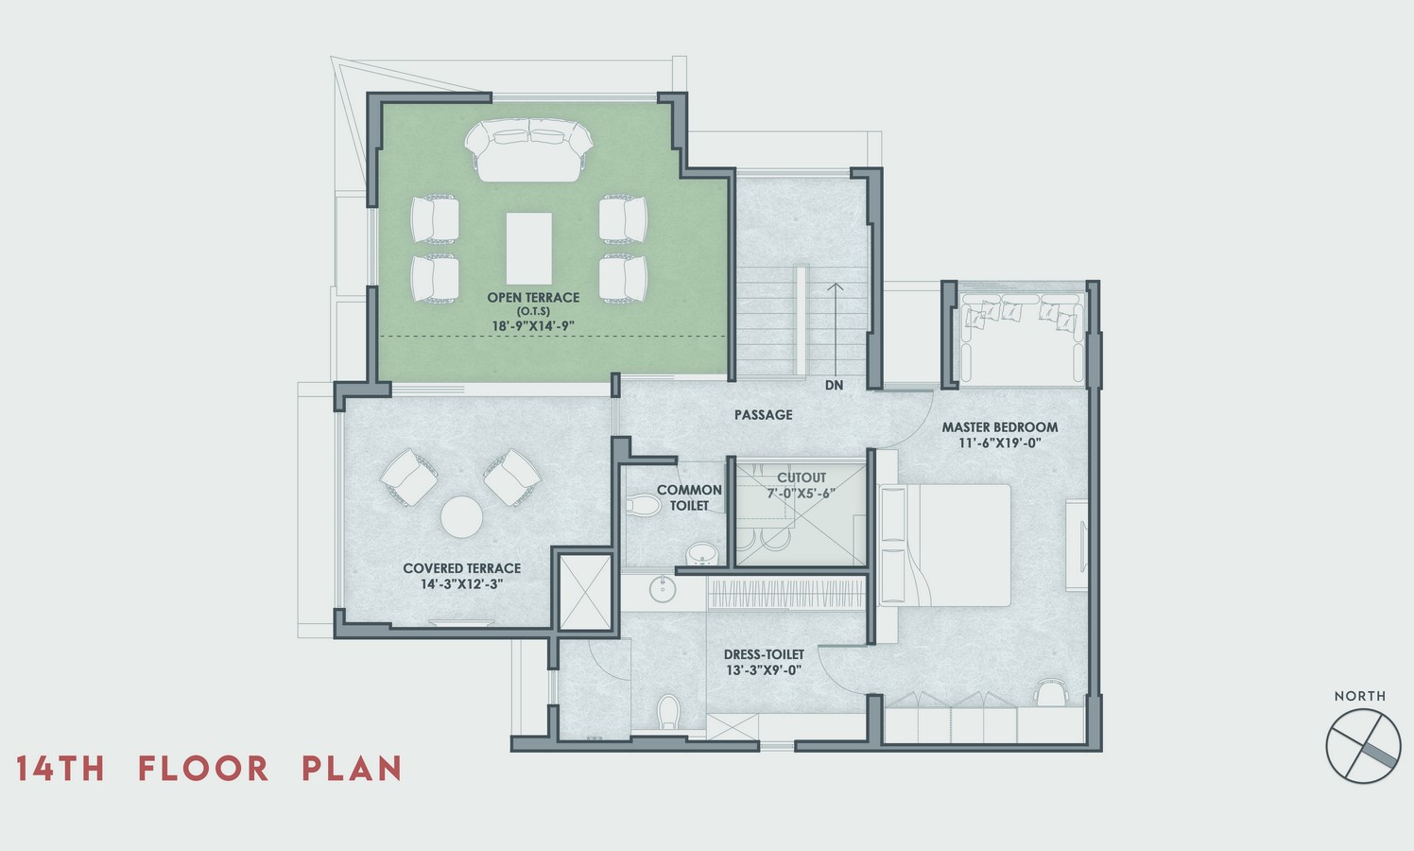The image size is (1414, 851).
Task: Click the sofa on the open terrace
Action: pos(528,150)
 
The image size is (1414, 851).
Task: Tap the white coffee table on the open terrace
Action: pos(529,248)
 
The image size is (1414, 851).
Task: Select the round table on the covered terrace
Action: pos(461,517)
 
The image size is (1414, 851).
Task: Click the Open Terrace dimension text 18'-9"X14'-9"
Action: pos(533,326)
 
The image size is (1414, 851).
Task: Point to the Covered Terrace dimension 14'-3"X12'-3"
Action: pos(461,584)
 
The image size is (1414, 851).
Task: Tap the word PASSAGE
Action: pos(763,415)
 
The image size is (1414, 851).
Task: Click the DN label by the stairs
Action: pos(834,385)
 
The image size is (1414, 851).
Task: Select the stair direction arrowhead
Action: pos(836,287)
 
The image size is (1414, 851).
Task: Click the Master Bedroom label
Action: pos(1000,426)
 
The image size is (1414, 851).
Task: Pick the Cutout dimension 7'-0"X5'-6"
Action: pos(802,493)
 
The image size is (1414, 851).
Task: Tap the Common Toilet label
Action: pos(689,497)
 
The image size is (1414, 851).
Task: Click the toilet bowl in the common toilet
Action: pos(643,505)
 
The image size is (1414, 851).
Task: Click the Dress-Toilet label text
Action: pos(764,654)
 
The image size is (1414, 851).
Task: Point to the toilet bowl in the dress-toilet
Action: pos(668,711)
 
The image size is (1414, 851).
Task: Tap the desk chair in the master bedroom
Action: pos(1051,691)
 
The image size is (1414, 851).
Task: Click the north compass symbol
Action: pos(1363,746)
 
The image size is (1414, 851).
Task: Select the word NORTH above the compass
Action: pos(1360,696)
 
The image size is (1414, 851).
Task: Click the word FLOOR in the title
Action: pos(203,769)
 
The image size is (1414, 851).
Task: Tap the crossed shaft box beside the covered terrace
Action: pos(585,592)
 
